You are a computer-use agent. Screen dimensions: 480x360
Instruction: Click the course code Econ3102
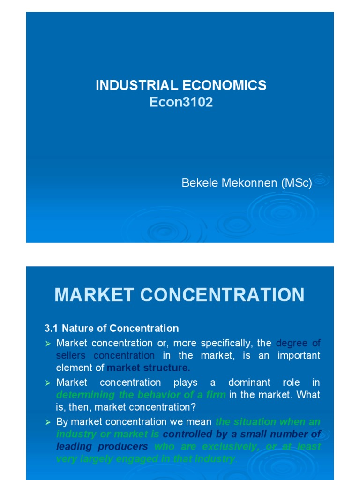point(181,102)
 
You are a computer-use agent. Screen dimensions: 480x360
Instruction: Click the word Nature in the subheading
point(77,328)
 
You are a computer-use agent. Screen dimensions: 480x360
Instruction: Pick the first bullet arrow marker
point(47,344)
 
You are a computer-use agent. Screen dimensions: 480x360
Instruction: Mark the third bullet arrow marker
point(47,422)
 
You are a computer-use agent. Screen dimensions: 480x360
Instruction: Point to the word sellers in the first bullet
point(71,356)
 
